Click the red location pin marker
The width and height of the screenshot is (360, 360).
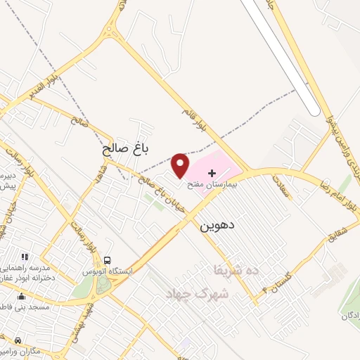click(x=181, y=165)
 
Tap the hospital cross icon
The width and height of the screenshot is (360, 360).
click(x=212, y=172)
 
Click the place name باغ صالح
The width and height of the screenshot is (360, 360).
click(x=126, y=149)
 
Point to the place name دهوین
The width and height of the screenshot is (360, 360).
click(x=215, y=226)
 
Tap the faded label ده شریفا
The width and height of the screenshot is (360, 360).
click(x=237, y=270)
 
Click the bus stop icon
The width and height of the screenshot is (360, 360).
click(x=108, y=259)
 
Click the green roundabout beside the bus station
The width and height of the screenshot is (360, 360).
click(x=103, y=283)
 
